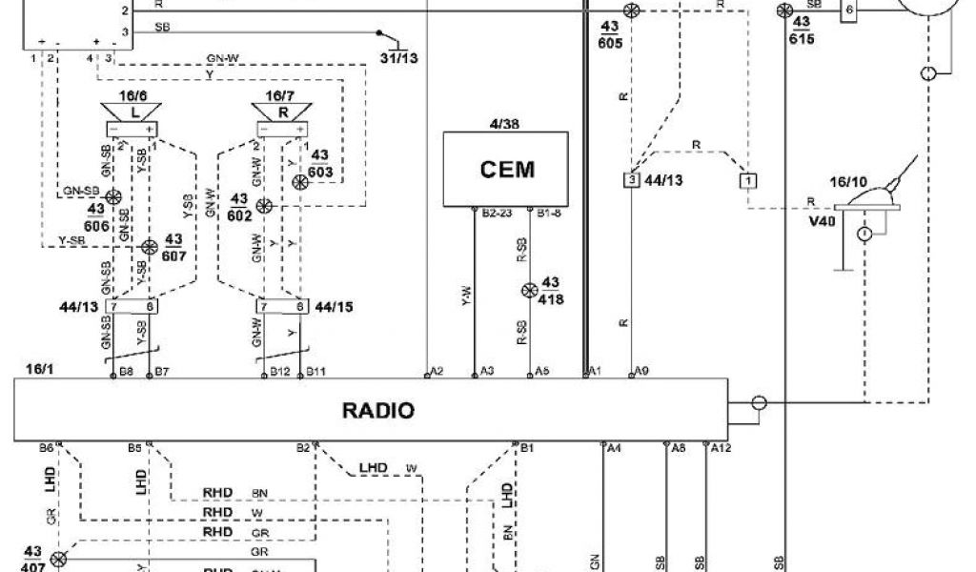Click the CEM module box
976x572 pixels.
click(506, 170)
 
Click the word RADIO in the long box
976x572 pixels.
click(378, 411)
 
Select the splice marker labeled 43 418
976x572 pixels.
click(533, 291)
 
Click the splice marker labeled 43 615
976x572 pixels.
click(784, 10)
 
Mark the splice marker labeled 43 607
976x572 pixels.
click(149, 247)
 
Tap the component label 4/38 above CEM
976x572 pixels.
click(505, 123)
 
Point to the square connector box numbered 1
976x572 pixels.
click(750, 179)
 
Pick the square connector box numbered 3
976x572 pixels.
click(630, 179)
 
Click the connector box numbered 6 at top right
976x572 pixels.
click(849, 10)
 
